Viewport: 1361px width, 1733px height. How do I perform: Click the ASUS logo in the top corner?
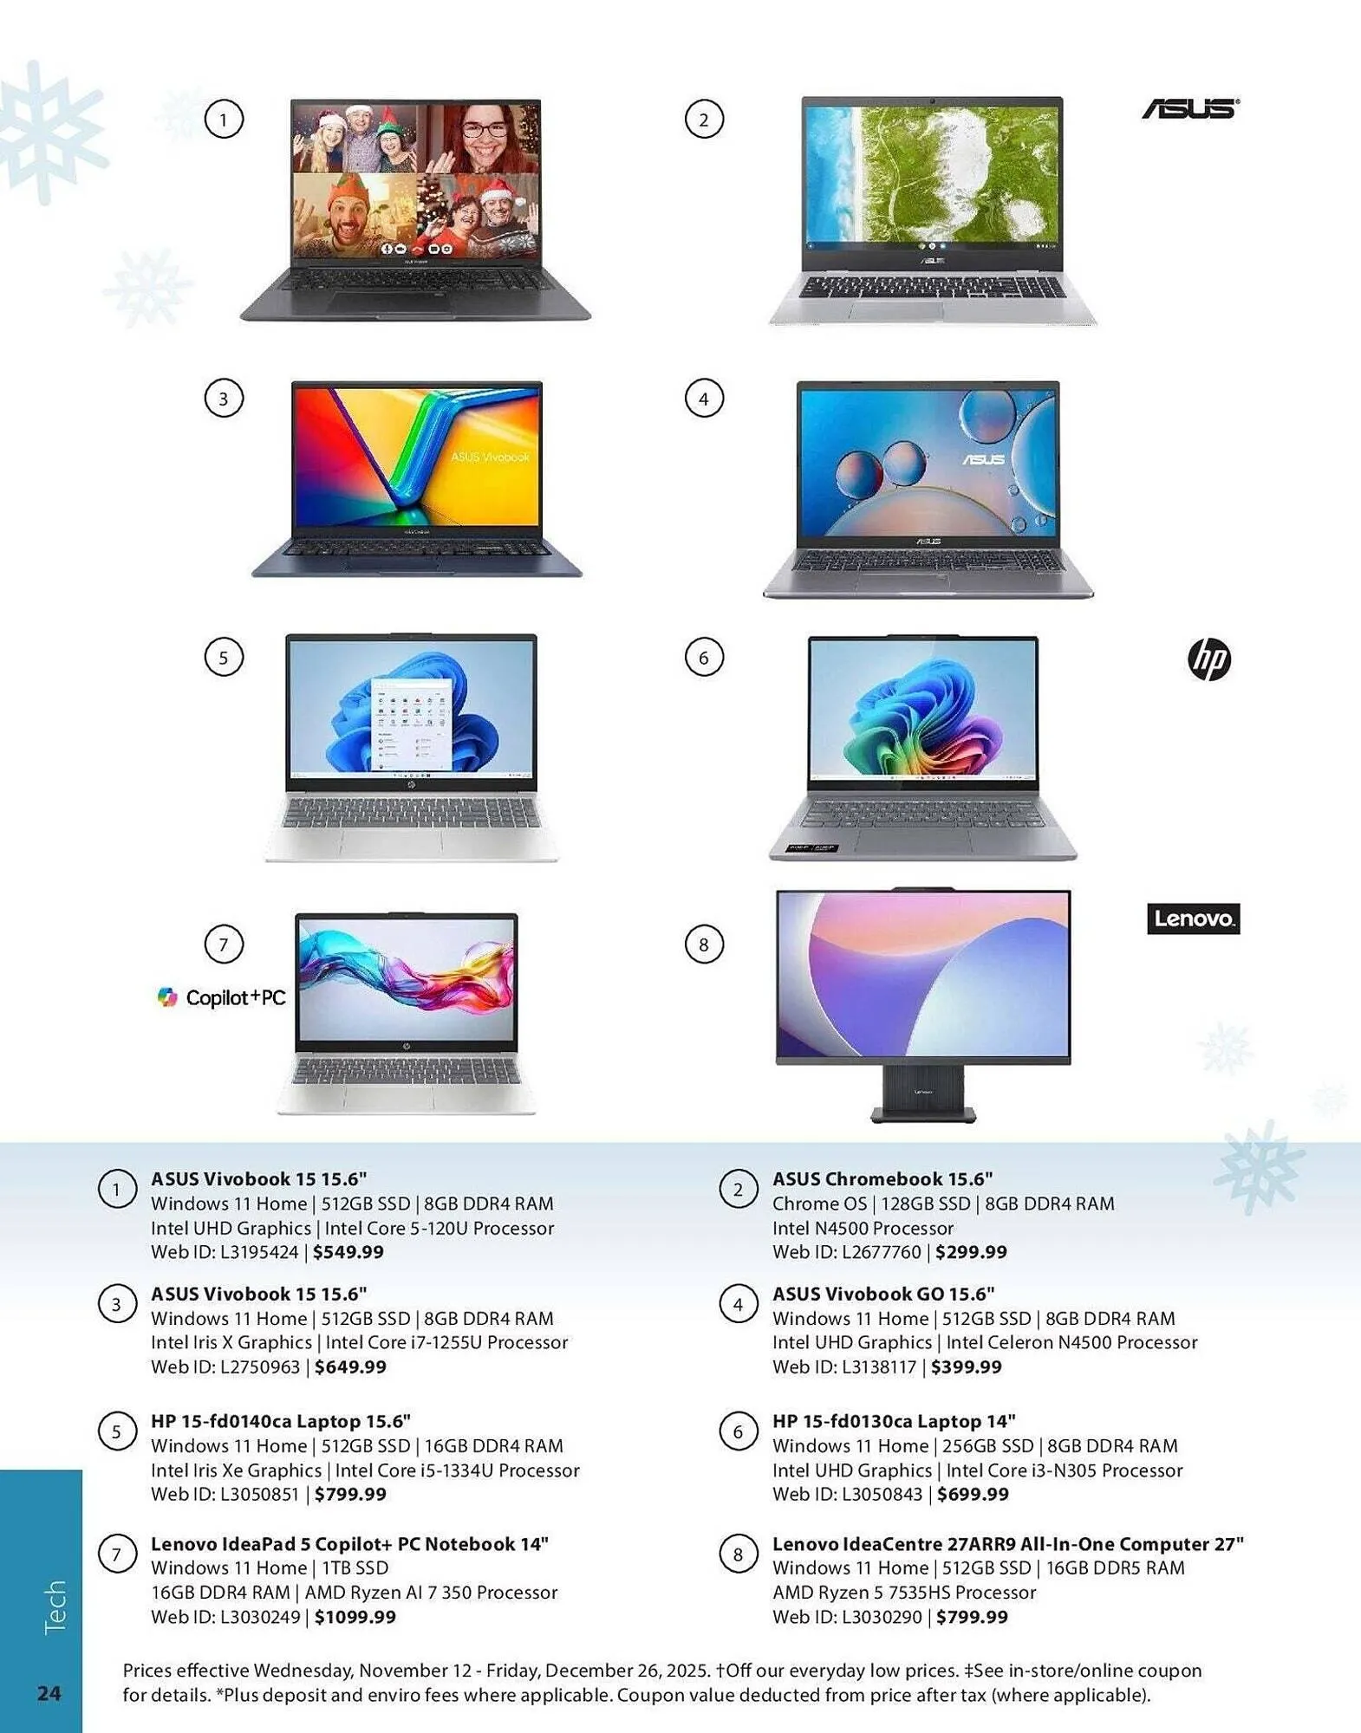(x=1189, y=108)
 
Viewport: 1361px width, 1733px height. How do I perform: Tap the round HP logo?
(x=1208, y=659)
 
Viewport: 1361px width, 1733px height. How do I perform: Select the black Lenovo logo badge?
(x=1193, y=918)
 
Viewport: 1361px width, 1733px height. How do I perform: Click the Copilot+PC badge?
(x=222, y=997)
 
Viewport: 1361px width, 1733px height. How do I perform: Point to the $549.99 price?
(x=348, y=1252)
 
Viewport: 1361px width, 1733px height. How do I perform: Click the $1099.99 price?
(x=355, y=1617)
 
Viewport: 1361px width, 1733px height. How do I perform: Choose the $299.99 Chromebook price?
(x=971, y=1252)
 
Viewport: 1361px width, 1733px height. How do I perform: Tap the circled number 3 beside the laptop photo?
(x=224, y=399)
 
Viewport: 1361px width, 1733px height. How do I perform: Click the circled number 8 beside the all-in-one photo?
(x=703, y=944)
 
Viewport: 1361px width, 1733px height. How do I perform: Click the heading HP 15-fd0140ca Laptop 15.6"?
(x=280, y=1421)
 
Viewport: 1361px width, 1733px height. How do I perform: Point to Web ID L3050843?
(x=847, y=1494)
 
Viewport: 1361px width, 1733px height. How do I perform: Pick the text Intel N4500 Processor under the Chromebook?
(x=863, y=1228)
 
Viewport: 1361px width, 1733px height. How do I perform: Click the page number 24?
(x=49, y=1693)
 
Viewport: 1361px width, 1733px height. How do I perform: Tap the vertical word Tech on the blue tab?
(x=54, y=1607)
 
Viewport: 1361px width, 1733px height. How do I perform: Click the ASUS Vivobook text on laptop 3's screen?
(x=490, y=457)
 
